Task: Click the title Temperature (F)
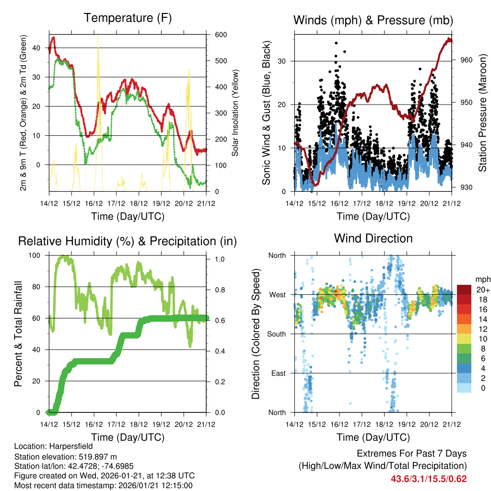click(128, 18)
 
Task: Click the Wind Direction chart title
click(373, 238)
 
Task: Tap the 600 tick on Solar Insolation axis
click(214, 35)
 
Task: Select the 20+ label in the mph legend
click(482, 290)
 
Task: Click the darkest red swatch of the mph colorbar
click(464, 290)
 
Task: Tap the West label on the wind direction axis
click(277, 294)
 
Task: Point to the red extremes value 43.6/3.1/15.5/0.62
click(429, 479)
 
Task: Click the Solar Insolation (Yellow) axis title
click(235, 113)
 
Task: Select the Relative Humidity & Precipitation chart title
click(128, 241)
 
